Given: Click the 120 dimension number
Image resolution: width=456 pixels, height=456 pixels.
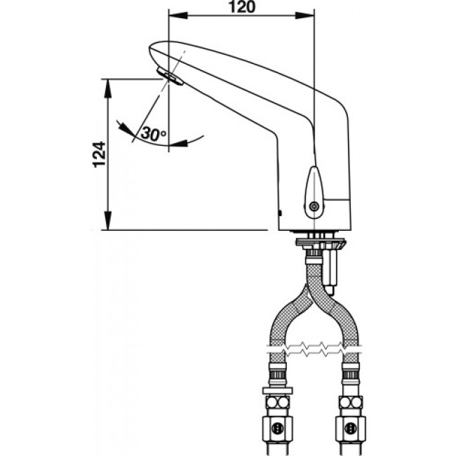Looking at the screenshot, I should (243, 7).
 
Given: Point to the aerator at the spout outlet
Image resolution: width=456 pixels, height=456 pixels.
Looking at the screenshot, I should (170, 79).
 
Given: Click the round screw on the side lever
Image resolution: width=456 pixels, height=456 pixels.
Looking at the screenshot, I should (314, 206).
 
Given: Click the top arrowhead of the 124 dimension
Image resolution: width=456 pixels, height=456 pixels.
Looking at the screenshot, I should (108, 83).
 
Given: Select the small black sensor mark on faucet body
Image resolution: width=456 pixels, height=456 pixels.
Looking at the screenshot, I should (281, 211).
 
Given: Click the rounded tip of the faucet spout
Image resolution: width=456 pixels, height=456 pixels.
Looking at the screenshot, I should (152, 51).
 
